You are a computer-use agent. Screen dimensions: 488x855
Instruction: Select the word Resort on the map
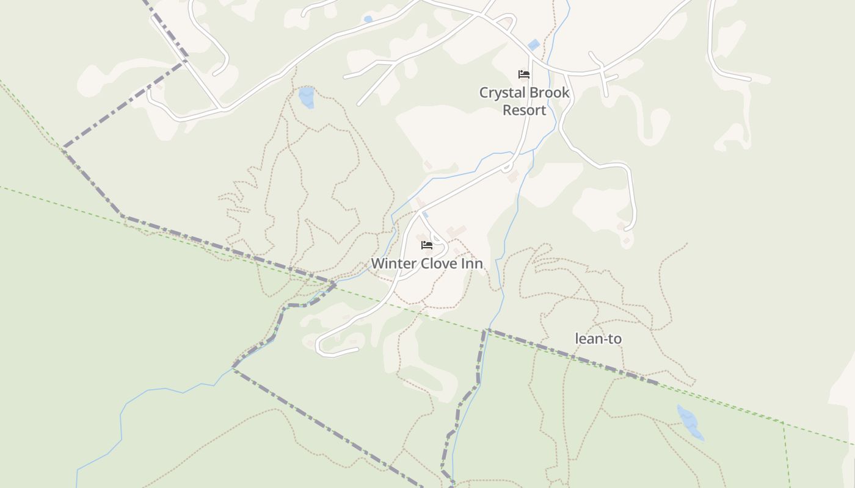(524, 110)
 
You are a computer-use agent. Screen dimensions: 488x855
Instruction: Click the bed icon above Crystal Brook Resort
(524, 74)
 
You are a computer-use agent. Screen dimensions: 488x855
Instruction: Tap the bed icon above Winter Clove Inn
(427, 245)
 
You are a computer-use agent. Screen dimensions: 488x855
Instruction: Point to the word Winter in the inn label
(391, 264)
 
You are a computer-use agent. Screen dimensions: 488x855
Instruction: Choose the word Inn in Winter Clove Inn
(473, 264)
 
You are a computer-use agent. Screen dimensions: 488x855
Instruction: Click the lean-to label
(598, 339)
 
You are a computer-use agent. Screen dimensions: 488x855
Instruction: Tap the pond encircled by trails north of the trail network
(307, 97)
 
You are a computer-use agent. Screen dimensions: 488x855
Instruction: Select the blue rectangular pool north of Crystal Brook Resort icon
(534, 45)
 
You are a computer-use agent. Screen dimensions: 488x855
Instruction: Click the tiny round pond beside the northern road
(368, 20)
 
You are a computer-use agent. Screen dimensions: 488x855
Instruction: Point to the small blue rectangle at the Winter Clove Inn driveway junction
(426, 215)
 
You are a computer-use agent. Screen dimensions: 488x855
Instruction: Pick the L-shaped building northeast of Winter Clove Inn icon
(456, 231)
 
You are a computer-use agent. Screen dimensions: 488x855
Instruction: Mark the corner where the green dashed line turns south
(784, 422)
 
